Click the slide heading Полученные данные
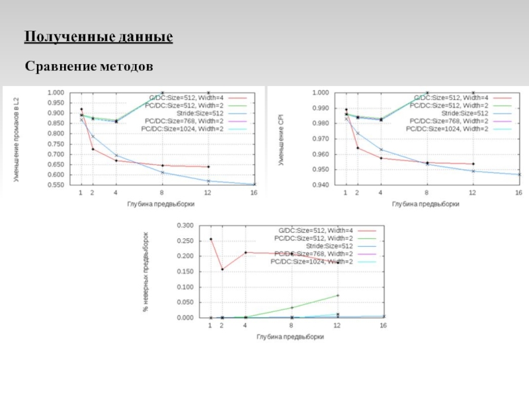99,37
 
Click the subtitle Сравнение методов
89,67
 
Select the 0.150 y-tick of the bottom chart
185,271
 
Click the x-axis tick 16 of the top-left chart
253,193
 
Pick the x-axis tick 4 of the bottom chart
245,326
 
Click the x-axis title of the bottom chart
290,337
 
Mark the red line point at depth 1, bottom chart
211,239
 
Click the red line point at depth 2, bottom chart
222,269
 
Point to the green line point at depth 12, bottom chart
338,295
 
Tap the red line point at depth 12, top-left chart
208,167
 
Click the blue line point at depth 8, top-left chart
163,173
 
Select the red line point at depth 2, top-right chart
357,148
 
